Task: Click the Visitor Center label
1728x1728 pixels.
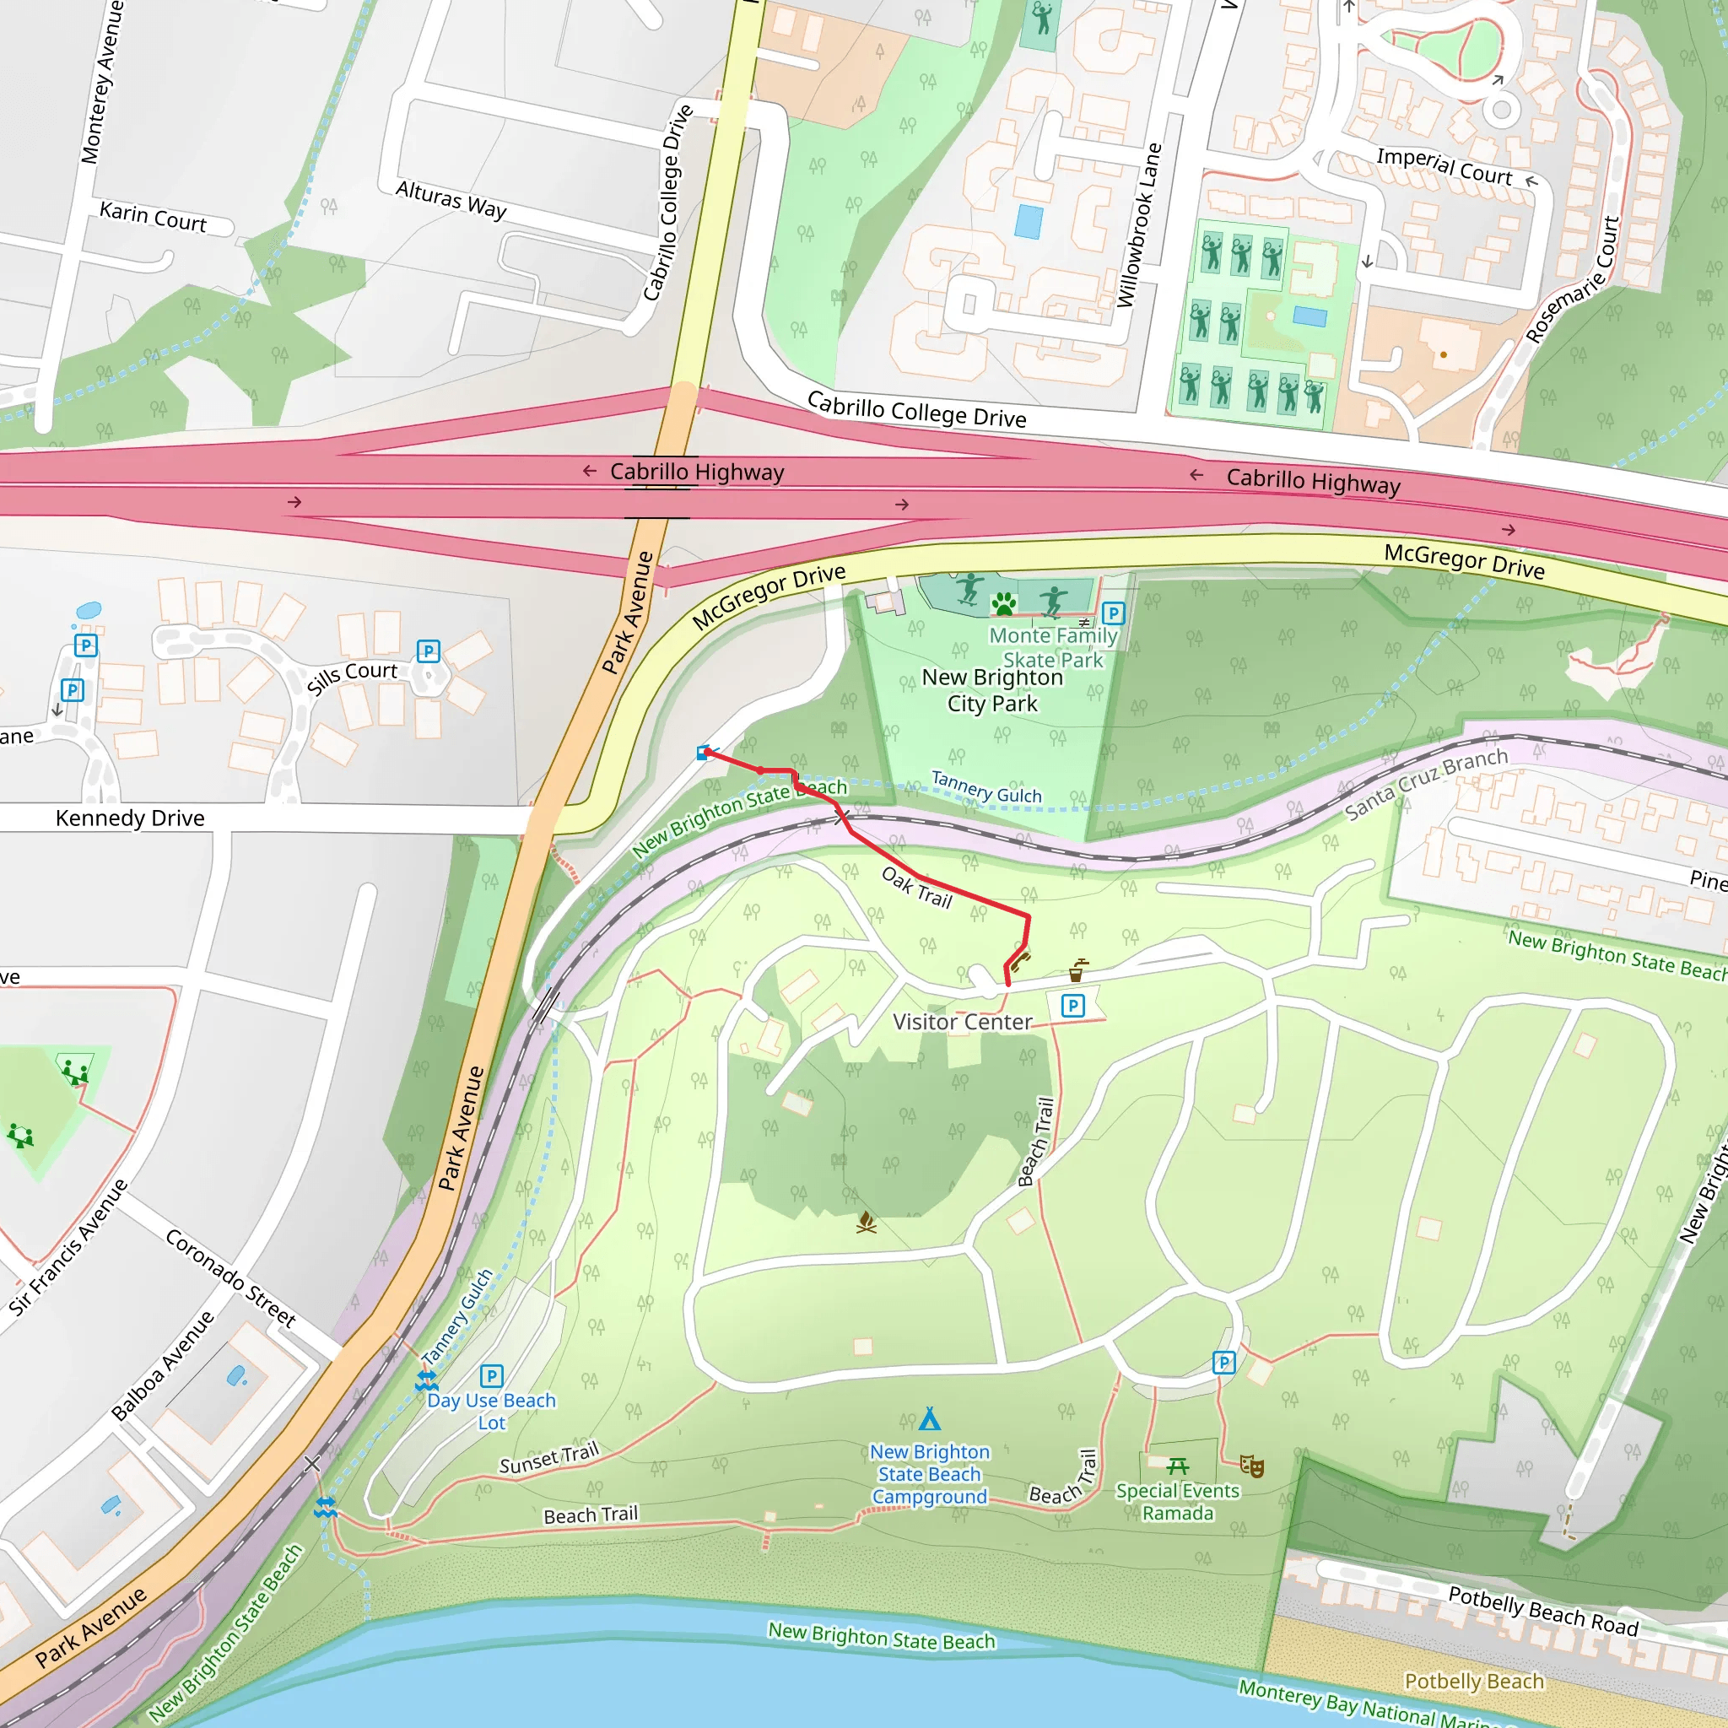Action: [963, 1023]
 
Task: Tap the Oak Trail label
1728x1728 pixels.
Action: [917, 888]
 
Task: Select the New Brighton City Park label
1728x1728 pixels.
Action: [993, 690]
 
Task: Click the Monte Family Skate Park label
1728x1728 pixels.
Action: [1054, 647]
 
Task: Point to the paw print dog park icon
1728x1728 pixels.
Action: [1004, 604]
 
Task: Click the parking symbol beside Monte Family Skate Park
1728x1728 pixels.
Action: [1113, 613]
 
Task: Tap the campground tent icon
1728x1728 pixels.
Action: [929, 1419]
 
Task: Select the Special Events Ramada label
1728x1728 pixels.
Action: [1177, 1502]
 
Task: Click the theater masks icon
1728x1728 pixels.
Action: [1251, 1466]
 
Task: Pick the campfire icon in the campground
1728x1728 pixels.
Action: [866, 1223]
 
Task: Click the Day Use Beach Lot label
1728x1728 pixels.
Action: [491, 1412]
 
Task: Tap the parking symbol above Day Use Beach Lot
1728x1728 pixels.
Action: [491, 1375]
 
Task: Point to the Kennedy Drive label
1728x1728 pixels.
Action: [130, 818]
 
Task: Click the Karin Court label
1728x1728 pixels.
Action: [153, 218]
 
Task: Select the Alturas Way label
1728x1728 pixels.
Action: [451, 199]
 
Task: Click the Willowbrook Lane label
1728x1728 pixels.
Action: [1138, 225]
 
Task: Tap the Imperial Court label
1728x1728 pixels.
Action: [1444, 166]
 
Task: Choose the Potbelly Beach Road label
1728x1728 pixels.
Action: [1543, 1611]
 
